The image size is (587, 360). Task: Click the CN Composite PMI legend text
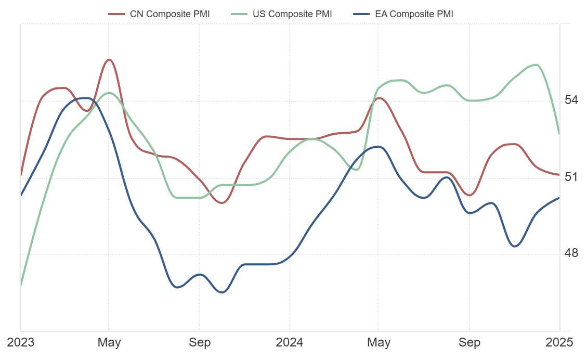tap(169, 14)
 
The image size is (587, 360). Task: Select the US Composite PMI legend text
tap(292, 14)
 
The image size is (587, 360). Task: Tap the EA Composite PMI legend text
tap(414, 14)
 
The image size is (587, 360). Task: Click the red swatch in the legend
tap(116, 14)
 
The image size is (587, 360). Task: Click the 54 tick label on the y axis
tap(571, 99)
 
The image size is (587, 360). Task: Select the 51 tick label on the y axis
tap(571, 177)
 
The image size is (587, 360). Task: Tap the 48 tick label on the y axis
tap(571, 253)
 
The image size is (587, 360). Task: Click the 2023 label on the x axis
tap(20, 342)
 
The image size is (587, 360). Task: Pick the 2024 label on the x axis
tap(289, 342)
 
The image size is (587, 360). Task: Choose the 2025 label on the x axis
tap(559, 342)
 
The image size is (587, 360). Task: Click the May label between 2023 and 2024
tap(109, 342)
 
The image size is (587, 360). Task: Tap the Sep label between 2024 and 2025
tap(469, 342)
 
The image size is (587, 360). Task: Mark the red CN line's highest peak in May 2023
tap(109, 59)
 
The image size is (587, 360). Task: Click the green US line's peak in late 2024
tap(536, 65)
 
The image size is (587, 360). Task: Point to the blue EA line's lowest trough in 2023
tap(222, 292)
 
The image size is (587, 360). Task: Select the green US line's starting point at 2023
tap(21, 285)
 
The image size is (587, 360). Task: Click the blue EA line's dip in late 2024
tap(515, 246)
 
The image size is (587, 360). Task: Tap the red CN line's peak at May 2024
tap(379, 98)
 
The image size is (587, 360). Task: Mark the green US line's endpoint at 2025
tap(559, 134)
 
